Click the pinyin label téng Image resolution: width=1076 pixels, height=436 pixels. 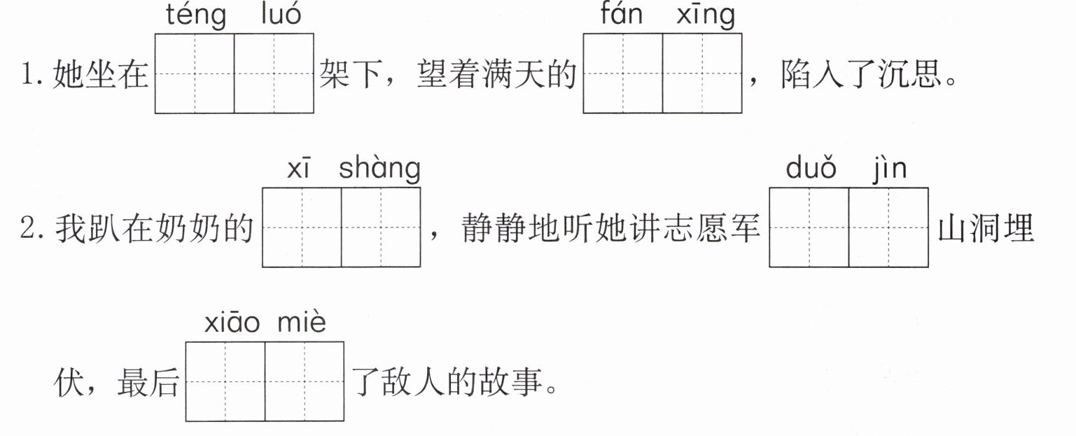[x=196, y=16]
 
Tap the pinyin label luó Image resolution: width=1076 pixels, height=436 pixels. [x=281, y=14]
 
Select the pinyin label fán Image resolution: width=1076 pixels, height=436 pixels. [x=622, y=14]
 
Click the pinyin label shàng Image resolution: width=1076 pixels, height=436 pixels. [x=379, y=169]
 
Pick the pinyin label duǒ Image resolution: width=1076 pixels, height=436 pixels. [x=811, y=168]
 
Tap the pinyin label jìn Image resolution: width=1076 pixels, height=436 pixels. [x=889, y=170]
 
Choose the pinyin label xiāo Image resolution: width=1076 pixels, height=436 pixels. [x=232, y=323]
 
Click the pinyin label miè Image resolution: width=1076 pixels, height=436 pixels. [x=302, y=322]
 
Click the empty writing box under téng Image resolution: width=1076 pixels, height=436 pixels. [x=195, y=73]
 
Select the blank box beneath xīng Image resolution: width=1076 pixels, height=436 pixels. [x=702, y=73]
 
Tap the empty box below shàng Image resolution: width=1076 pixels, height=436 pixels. [x=381, y=227]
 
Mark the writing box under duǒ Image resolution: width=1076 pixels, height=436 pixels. [x=809, y=227]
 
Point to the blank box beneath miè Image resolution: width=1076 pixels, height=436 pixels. [x=305, y=381]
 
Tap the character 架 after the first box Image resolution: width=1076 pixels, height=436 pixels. [x=335, y=74]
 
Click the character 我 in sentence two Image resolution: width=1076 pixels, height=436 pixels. [x=71, y=227]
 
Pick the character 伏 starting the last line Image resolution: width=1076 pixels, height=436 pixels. [x=69, y=382]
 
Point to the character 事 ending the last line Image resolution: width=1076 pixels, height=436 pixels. [x=527, y=382]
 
